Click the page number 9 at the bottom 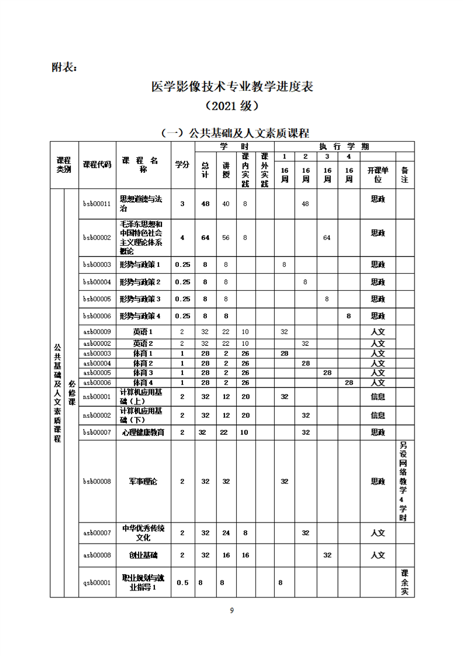point(231,610)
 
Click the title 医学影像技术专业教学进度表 point(231,87)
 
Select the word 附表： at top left point(64,67)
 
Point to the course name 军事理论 point(143,482)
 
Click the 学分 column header point(182,165)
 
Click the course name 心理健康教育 point(143,432)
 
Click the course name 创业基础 point(143,555)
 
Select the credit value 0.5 point(182,582)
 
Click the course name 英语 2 point(143,344)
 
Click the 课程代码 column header point(96,165)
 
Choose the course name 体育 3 point(143,373)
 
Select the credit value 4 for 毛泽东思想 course point(182,237)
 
